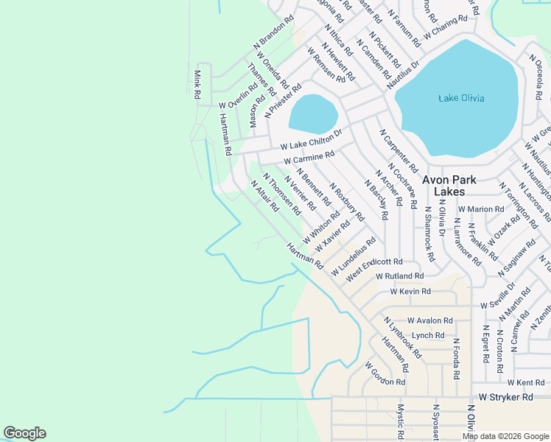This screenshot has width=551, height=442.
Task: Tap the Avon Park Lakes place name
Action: click(449, 185)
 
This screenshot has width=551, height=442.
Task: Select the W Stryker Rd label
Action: click(505, 397)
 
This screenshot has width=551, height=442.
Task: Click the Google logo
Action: click(24, 433)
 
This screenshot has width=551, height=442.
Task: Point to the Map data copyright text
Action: click(505, 436)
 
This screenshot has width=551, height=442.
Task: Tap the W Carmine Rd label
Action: click(309, 158)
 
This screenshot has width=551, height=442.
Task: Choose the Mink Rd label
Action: click(197, 85)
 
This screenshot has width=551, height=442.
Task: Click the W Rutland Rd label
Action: click(399, 276)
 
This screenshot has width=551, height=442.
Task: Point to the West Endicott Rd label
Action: click(374, 267)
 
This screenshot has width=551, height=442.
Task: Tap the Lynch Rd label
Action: click(428, 335)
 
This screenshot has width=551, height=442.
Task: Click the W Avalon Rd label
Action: click(424, 320)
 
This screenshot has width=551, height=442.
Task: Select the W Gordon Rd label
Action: click(385, 373)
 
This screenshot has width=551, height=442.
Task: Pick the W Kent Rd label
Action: click(525, 382)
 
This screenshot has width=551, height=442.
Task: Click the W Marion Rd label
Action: click(480, 209)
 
